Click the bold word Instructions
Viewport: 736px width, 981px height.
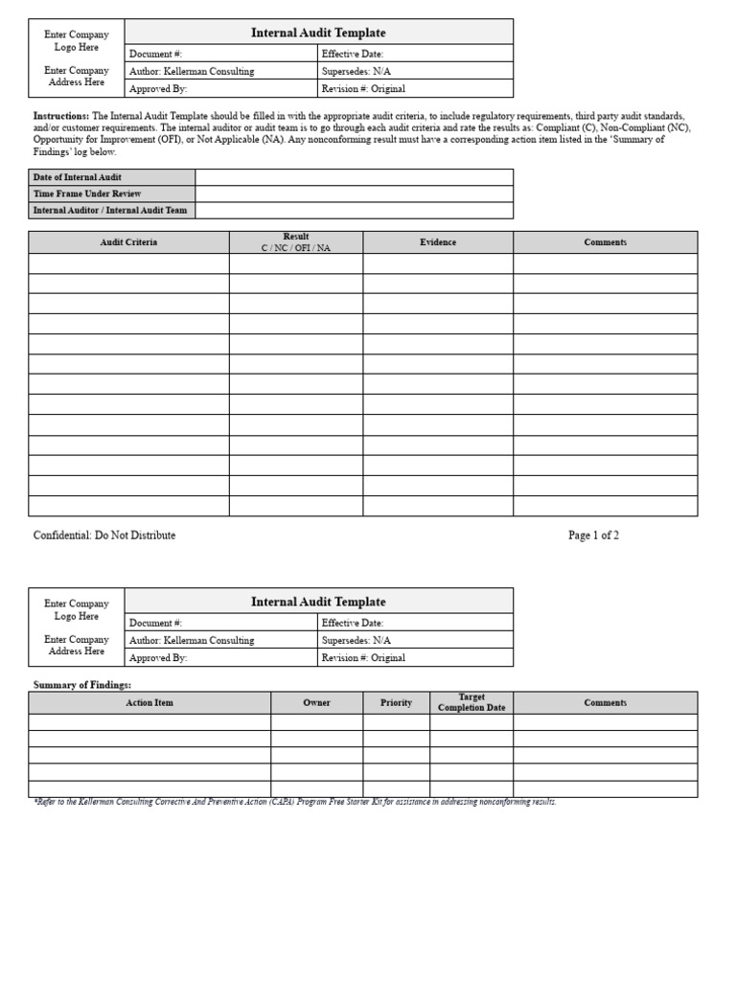tap(61, 115)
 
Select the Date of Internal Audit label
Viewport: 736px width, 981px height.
tap(78, 177)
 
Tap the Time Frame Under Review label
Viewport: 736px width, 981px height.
tap(87, 194)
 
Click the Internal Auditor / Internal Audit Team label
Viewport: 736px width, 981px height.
tap(110, 210)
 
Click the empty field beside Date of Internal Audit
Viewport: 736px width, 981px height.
tap(354, 177)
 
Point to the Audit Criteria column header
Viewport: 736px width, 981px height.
tap(128, 242)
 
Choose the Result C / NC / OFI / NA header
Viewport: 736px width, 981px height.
tap(296, 242)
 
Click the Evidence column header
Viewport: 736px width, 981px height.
tap(438, 242)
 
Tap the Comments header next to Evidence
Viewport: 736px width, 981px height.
tap(605, 242)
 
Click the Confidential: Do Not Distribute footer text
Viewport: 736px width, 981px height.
tap(104, 536)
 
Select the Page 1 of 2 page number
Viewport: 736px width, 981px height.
tap(593, 536)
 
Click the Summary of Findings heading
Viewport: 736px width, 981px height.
tap(82, 685)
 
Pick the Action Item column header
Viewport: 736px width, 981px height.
tap(149, 702)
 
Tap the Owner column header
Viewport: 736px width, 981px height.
tap(316, 702)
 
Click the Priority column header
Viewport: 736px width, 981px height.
tap(396, 702)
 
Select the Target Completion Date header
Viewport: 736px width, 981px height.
tap(471, 702)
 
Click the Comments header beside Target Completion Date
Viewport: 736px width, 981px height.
tap(605, 702)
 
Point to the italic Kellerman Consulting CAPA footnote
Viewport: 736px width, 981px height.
tap(294, 802)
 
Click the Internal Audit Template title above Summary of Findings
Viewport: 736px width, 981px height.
tap(318, 602)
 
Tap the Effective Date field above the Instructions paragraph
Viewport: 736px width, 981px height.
tap(415, 55)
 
